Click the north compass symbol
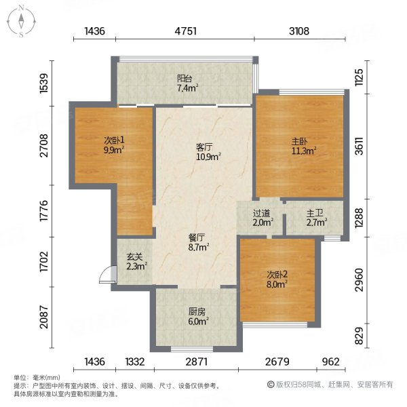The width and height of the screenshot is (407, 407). (22, 21)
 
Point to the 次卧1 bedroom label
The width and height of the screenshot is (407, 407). (113, 140)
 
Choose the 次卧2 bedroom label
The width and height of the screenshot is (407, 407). (277, 275)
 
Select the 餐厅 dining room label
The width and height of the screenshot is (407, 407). (197, 238)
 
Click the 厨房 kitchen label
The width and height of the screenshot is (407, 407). (197, 313)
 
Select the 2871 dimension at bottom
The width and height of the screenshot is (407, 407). (196, 361)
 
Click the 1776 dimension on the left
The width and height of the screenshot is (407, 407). (45, 211)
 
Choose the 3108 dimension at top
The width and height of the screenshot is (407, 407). (298, 31)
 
